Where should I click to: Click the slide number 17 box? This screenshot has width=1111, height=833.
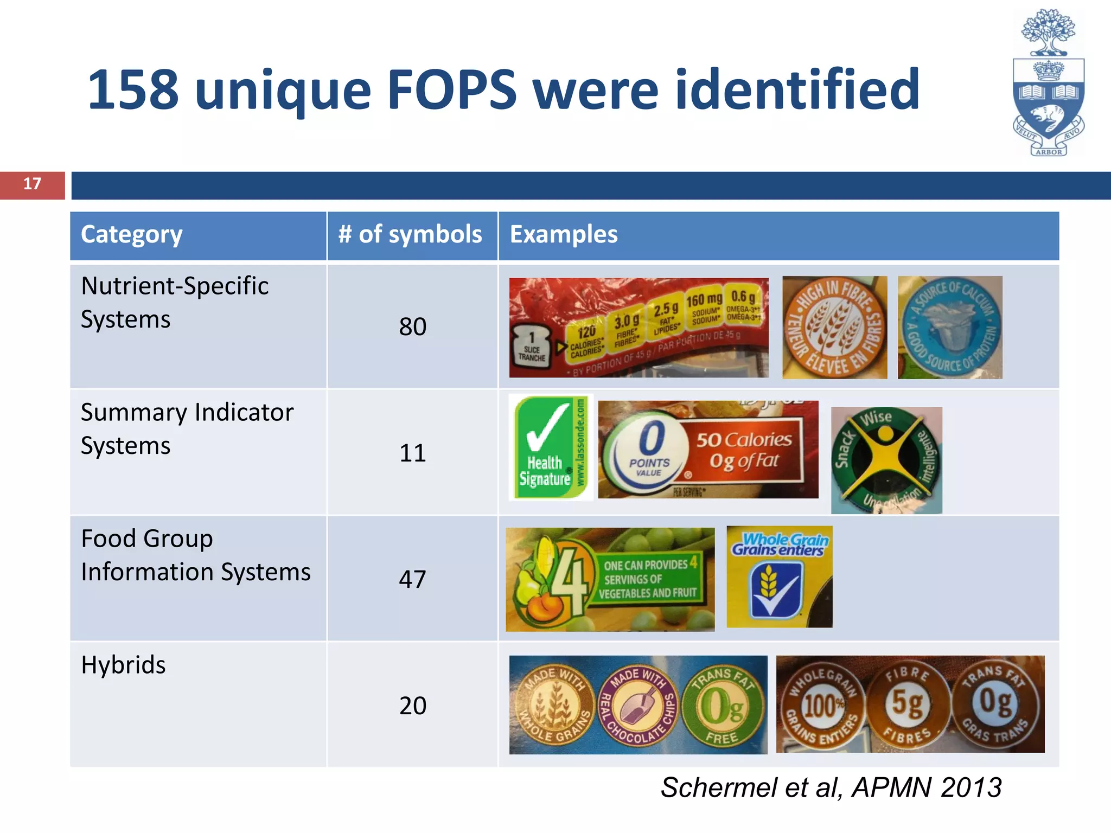(x=33, y=185)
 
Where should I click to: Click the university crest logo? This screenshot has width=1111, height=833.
(x=1048, y=83)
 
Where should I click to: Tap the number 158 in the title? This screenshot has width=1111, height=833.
(x=133, y=90)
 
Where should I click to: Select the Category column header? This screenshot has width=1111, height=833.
(x=132, y=235)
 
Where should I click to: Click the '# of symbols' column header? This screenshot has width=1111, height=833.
(x=411, y=235)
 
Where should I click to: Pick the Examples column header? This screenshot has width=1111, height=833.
(x=564, y=235)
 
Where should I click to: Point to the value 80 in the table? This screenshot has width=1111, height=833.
(x=412, y=326)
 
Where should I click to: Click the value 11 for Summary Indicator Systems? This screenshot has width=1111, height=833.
(x=412, y=453)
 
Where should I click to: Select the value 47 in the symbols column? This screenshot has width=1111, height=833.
(x=412, y=579)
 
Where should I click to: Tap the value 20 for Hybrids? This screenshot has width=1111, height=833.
(x=412, y=706)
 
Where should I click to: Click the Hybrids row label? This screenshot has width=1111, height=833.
(x=124, y=665)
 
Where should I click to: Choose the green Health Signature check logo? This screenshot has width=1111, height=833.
(x=550, y=448)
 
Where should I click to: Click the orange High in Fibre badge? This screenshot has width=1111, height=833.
(x=835, y=328)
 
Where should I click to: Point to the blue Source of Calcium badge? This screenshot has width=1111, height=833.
(x=950, y=328)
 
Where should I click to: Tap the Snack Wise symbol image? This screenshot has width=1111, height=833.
(x=886, y=460)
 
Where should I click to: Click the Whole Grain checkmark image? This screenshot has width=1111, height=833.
(x=779, y=577)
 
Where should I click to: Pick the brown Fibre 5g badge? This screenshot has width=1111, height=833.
(x=908, y=704)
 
